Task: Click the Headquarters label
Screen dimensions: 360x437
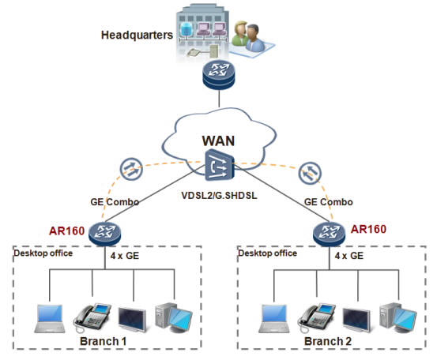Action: click(x=137, y=36)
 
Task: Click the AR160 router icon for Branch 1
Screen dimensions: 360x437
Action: click(x=104, y=231)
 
